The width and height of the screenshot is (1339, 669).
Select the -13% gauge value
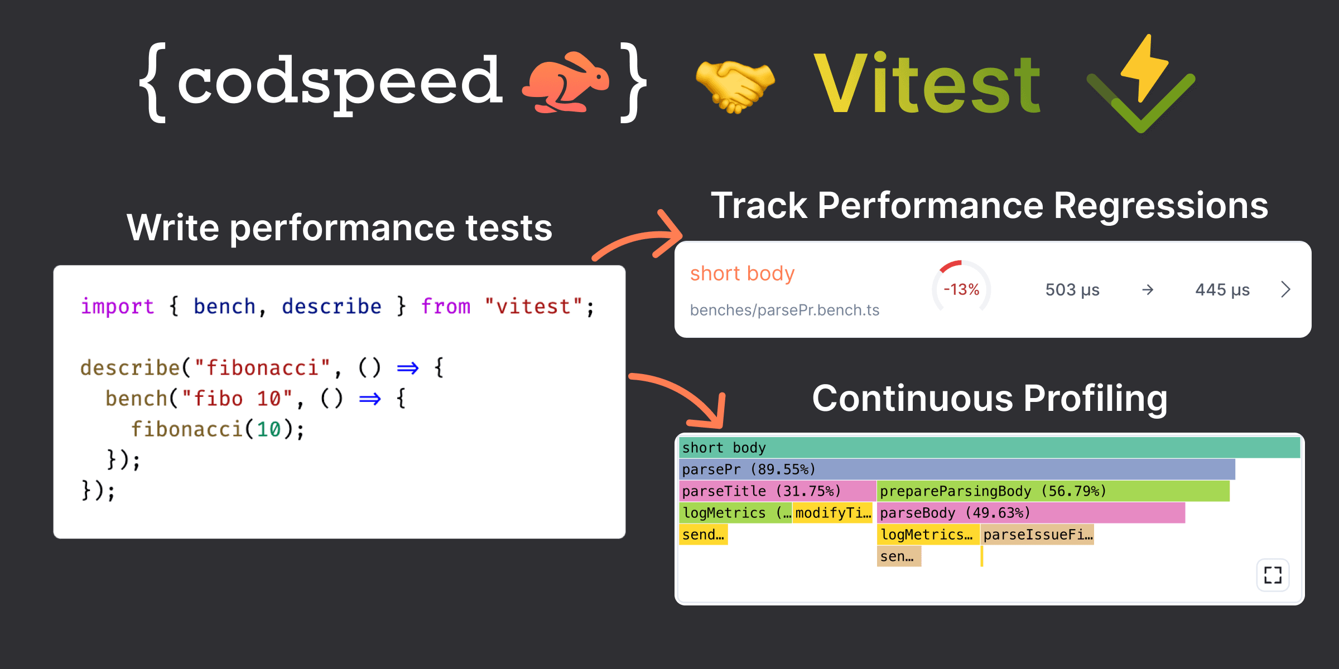click(x=961, y=289)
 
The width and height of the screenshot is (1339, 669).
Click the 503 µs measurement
click(x=1072, y=290)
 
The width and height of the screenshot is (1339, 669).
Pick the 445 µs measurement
click(x=1222, y=290)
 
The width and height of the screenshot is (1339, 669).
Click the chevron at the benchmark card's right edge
click(x=1285, y=289)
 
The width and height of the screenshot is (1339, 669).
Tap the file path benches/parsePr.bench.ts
click(x=784, y=310)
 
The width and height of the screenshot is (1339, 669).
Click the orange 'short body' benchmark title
click(x=742, y=274)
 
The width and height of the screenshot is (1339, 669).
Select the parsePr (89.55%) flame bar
click(x=956, y=469)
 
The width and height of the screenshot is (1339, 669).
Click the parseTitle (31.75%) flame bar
click(x=777, y=491)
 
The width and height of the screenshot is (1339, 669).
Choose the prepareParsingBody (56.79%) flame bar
click(x=1052, y=491)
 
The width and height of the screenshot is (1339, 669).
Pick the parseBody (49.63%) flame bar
click(x=1030, y=513)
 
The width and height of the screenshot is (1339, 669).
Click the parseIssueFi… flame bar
click(x=1037, y=535)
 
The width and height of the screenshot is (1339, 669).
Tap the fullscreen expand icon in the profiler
click(x=1273, y=575)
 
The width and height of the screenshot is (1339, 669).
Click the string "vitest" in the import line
click(x=533, y=307)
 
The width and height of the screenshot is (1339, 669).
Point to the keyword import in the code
click(x=117, y=307)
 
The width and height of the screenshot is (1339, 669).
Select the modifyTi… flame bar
click(x=832, y=513)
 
